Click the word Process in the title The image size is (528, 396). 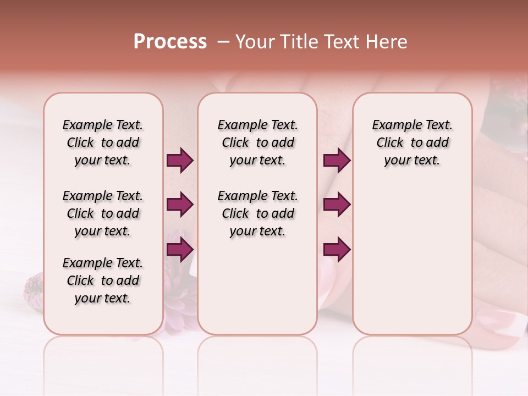tap(170, 42)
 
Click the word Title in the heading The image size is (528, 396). tap(298, 42)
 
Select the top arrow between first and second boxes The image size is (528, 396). tap(180, 161)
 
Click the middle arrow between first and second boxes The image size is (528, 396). tap(180, 205)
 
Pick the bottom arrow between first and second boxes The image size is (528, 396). tap(180, 250)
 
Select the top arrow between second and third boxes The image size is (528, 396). tap(337, 161)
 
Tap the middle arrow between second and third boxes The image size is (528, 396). tap(337, 205)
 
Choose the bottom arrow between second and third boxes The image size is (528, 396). tap(337, 250)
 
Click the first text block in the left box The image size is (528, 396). tap(103, 142)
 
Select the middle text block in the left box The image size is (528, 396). tap(103, 213)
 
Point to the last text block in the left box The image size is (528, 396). tap(103, 280)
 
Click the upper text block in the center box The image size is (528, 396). tap(258, 142)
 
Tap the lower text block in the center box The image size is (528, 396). tap(258, 213)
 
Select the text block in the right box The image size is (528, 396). tap(413, 142)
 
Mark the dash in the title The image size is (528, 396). tap(223, 42)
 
